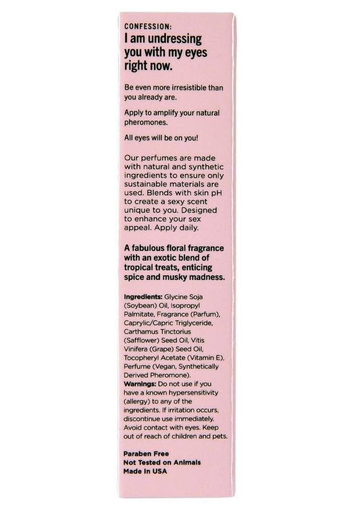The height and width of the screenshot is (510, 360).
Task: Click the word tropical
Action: (x=141, y=268)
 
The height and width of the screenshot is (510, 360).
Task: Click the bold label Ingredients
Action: (x=142, y=297)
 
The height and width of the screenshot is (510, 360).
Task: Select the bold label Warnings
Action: (x=140, y=385)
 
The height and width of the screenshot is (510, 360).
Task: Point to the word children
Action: (x=184, y=436)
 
